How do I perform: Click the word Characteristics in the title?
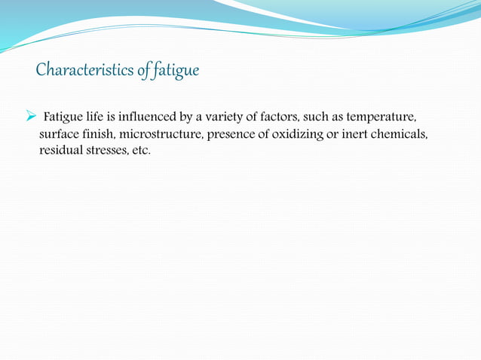pos(85,72)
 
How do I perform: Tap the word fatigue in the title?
pos(176,72)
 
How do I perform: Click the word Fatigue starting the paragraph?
pos(64,117)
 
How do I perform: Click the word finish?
pos(100,134)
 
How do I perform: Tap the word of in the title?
pos(143,72)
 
